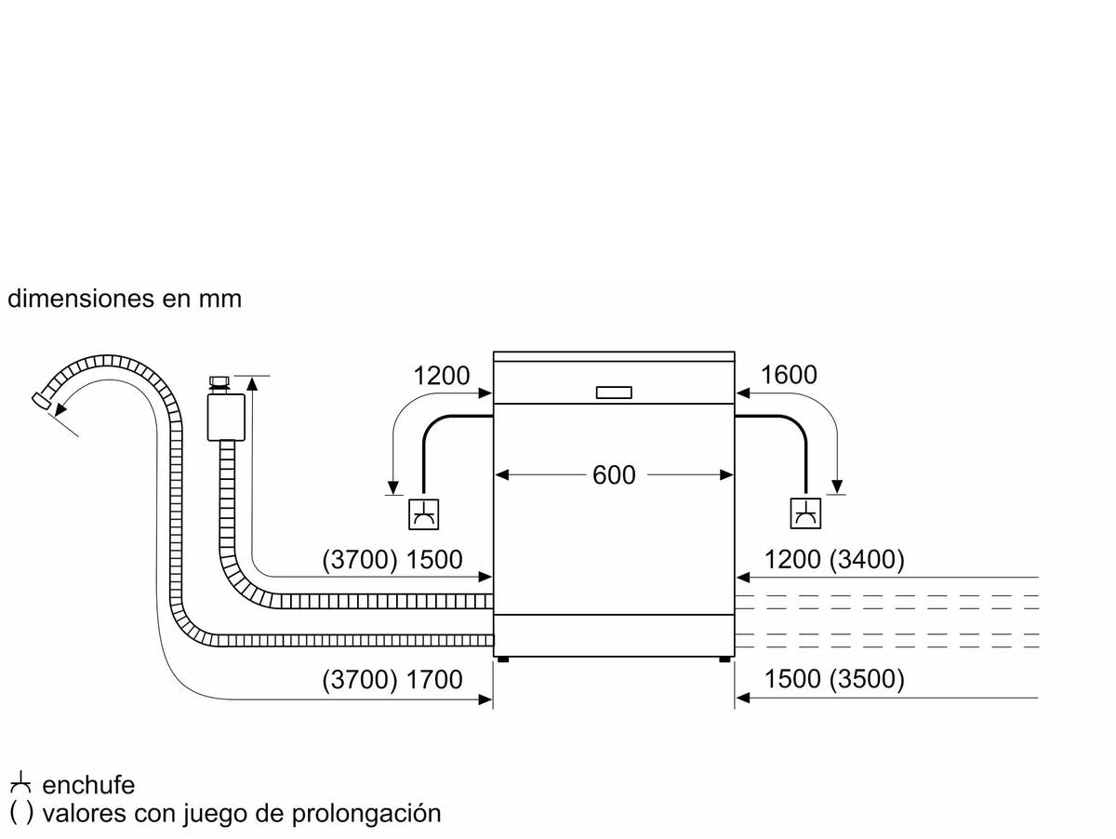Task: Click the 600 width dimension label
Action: point(614,475)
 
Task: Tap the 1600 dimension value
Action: point(789,375)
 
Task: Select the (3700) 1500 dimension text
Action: point(392,560)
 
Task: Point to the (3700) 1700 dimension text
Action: point(392,680)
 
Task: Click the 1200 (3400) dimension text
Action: point(834,560)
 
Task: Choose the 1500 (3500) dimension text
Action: point(834,680)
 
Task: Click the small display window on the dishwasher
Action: point(614,393)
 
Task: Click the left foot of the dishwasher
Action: point(502,659)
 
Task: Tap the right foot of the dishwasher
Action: point(724,659)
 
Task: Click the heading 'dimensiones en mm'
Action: point(125,299)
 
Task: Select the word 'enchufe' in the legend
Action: point(88,785)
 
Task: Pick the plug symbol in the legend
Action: point(20,783)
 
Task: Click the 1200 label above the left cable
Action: point(442,375)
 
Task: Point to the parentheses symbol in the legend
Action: point(21,813)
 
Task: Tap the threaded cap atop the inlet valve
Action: point(219,382)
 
